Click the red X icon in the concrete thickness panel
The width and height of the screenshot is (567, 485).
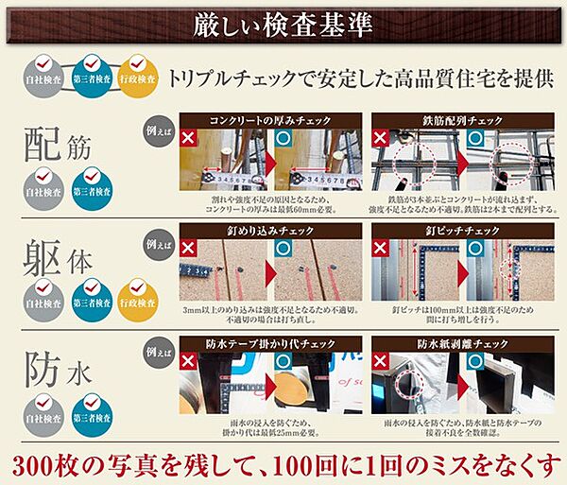pyautogui.click(x=190, y=139)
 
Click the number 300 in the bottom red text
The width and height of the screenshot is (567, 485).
pyautogui.click(x=36, y=464)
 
